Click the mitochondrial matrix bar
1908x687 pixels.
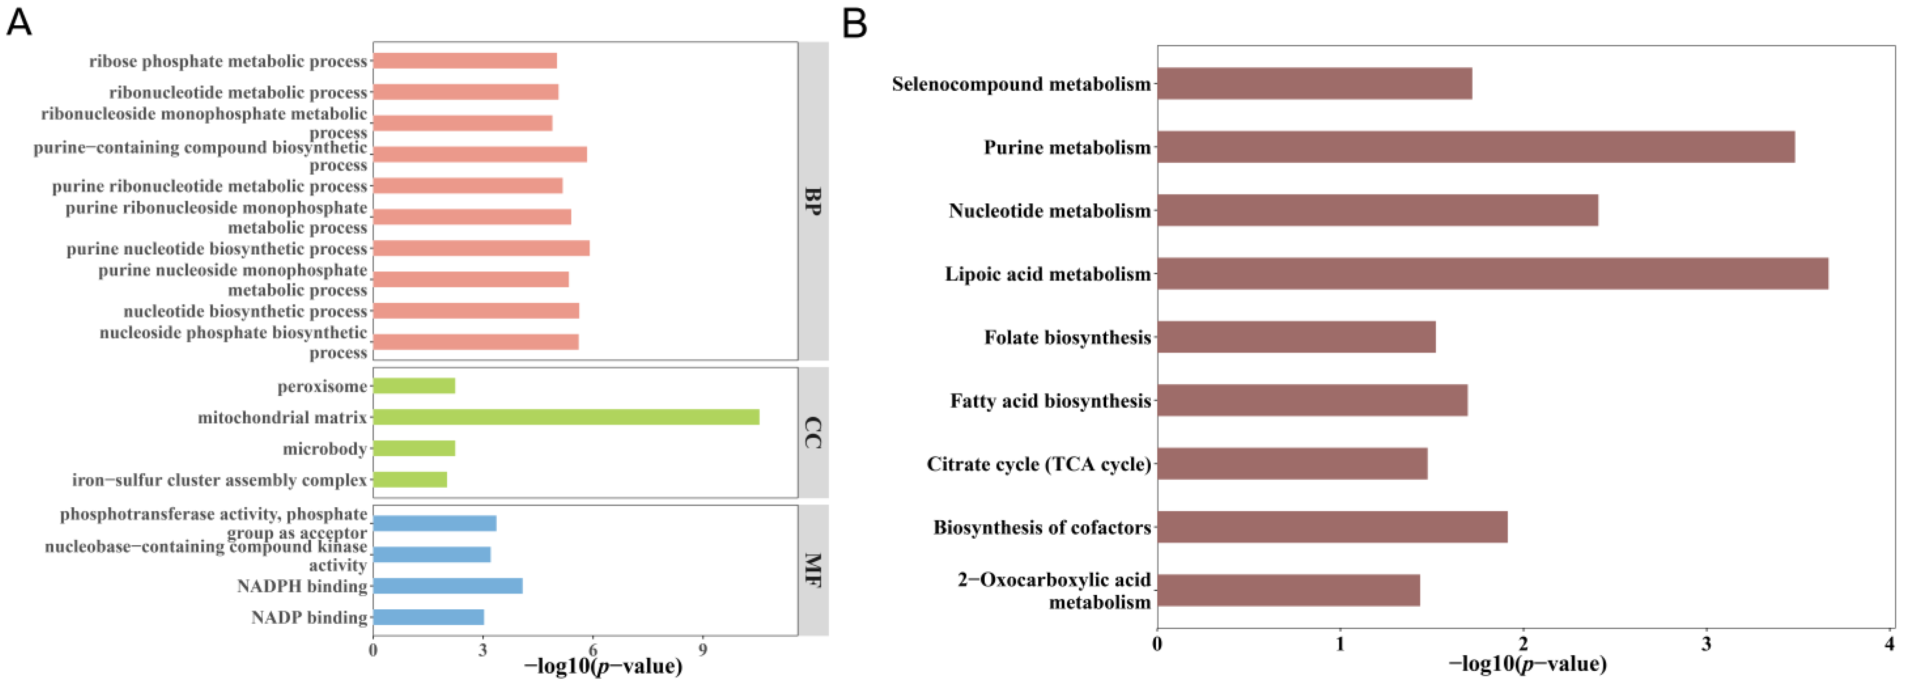tap(566, 417)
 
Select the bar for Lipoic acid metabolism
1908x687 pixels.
tap(1492, 273)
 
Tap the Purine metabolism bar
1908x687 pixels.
tap(1475, 147)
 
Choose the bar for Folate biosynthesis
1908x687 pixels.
tap(1296, 336)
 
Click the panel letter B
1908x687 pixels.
tap(855, 24)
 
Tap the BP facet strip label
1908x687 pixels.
tap(813, 201)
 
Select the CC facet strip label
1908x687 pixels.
tap(813, 433)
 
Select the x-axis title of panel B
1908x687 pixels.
tap(1527, 664)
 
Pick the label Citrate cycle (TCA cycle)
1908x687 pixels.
tap(1038, 464)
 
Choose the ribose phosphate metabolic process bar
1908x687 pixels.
tap(464, 61)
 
